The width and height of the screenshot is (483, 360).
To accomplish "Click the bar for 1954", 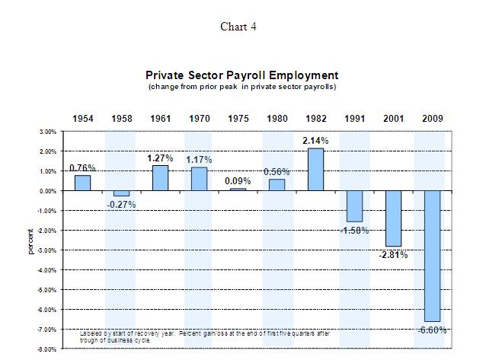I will pos(82,183).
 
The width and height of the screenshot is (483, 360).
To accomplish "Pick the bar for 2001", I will pos(393,218).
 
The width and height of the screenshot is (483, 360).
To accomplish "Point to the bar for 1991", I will pos(355,206).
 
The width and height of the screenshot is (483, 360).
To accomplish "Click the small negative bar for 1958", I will pos(120,193).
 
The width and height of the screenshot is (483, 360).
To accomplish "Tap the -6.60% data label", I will pos(432,330).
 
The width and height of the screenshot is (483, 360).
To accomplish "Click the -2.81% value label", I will pos(393,255).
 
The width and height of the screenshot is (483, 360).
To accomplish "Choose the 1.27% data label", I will pos(160,158).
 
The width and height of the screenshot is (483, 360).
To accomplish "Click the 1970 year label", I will pos(199,119).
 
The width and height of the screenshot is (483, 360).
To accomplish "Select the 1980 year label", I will pos(277,119).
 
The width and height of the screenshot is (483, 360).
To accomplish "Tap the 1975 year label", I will pos(238,119).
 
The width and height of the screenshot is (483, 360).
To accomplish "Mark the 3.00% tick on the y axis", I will pos(47,132).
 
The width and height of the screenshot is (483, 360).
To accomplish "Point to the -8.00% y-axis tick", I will pos(46,349).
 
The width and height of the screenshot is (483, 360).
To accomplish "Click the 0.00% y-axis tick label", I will pos(47,191).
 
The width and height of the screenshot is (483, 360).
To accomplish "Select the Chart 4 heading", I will pos(238,27).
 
